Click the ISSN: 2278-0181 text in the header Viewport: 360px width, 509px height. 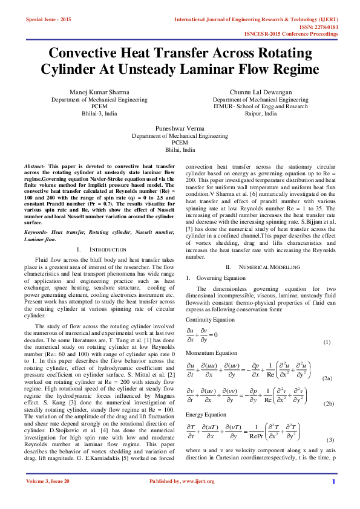click(x=316, y=27)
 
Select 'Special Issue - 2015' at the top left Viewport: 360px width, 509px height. click(x=48, y=20)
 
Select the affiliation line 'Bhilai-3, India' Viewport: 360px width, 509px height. click(x=99, y=113)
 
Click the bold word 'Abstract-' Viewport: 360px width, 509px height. click(x=35, y=165)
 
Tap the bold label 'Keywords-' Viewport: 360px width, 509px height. click(x=36, y=232)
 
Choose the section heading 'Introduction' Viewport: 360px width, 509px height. click(x=107, y=249)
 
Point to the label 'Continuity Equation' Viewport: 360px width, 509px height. click(x=210, y=320)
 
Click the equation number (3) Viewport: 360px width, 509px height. click(x=330, y=439)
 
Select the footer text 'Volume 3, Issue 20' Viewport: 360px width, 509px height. click(x=48, y=498)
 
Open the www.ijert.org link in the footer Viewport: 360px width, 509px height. click(x=195, y=498)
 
